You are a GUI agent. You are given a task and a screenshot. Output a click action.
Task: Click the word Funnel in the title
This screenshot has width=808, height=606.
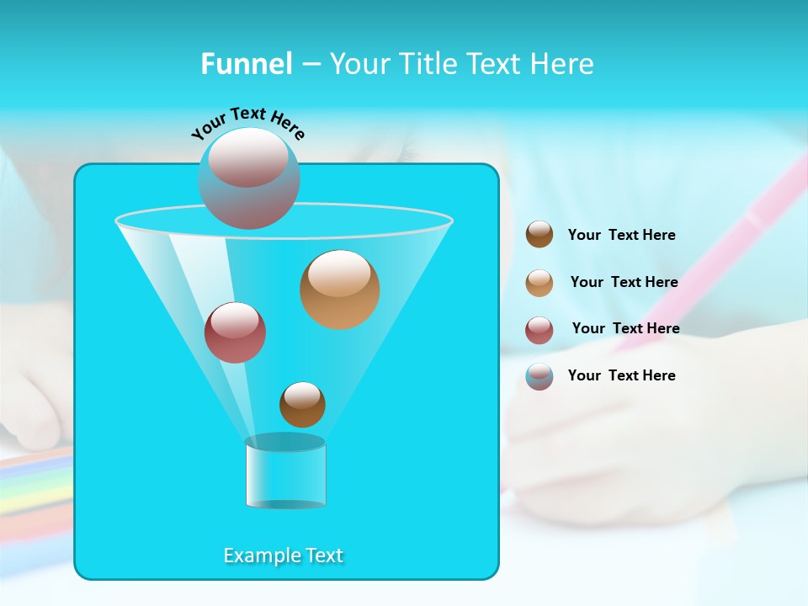point(247,64)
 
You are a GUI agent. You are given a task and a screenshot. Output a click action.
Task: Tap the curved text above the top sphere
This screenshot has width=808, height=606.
point(247,123)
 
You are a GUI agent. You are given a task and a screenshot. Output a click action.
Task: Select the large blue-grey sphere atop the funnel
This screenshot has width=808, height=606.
point(249,178)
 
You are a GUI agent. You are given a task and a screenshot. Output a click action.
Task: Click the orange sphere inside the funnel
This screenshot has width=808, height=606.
point(339,290)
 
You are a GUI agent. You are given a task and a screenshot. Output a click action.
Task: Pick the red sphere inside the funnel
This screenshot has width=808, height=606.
point(235,332)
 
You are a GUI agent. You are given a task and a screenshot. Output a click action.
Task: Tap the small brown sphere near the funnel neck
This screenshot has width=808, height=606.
point(302,405)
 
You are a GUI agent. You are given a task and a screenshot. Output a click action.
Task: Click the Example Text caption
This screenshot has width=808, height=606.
point(284,555)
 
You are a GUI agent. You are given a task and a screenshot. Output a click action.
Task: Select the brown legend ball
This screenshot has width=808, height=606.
point(540,235)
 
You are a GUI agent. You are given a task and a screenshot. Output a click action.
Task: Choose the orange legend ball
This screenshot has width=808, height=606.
point(540,282)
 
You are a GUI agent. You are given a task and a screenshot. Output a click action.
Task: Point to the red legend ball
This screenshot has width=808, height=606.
point(540,329)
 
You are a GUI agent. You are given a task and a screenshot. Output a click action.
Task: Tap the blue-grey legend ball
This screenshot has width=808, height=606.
point(540,376)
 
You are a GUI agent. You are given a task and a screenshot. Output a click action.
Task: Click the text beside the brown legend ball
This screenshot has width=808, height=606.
point(621,236)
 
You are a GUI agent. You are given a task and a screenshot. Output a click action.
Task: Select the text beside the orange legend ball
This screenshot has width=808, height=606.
point(624,283)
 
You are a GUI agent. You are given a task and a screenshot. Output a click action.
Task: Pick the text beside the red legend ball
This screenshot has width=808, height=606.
point(625,329)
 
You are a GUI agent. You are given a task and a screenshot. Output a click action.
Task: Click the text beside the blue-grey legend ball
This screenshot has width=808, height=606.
point(621,376)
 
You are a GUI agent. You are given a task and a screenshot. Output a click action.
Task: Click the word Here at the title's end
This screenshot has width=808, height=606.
point(563,64)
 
